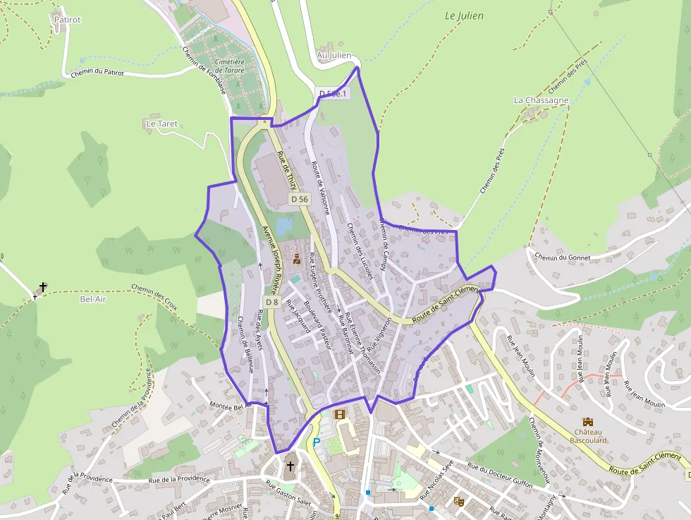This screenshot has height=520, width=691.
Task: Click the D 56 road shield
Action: (300, 200)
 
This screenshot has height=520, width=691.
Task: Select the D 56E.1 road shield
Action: (333, 94)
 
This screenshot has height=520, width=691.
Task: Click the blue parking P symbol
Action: (317, 442)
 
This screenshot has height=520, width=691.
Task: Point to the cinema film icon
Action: (340, 414)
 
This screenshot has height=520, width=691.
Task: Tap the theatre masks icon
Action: (459, 502)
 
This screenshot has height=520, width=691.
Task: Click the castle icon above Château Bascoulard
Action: (587, 421)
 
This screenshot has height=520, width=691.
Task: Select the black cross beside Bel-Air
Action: (43, 287)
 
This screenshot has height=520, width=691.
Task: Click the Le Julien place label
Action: (465, 16)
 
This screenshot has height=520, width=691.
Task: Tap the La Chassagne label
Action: (541, 100)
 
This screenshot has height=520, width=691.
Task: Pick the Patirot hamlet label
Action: (67, 20)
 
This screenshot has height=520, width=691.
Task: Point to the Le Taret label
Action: (161, 123)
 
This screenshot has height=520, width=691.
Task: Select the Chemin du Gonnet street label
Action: (562, 257)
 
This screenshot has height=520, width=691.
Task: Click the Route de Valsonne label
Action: (320, 187)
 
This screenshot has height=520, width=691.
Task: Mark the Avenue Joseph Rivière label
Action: (271, 260)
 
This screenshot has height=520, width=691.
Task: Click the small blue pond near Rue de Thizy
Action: (285, 226)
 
